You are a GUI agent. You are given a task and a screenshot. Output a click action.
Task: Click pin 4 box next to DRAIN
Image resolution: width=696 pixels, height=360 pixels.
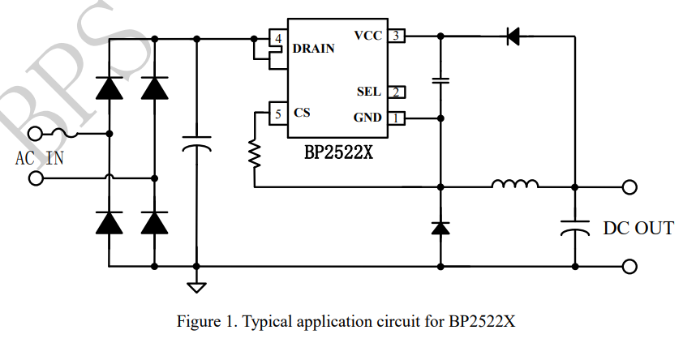(x=278, y=38)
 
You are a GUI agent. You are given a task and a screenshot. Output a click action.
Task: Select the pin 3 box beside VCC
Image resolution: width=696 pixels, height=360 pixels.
(x=396, y=36)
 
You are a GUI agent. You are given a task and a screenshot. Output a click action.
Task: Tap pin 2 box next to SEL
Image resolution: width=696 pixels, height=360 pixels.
(x=396, y=92)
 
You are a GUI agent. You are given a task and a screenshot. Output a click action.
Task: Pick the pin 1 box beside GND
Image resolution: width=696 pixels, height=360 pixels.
(x=396, y=118)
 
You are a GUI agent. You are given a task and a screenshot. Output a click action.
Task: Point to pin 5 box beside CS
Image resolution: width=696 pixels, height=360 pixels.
(x=278, y=114)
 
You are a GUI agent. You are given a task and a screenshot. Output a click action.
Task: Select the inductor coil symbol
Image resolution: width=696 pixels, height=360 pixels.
(x=514, y=186)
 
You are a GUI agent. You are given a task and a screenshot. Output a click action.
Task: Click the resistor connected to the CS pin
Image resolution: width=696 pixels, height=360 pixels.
(x=255, y=152)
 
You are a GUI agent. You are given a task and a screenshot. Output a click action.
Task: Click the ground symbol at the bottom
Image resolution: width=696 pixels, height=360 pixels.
(x=196, y=286)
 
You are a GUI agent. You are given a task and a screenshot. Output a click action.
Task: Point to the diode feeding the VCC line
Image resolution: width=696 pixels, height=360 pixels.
(x=513, y=36)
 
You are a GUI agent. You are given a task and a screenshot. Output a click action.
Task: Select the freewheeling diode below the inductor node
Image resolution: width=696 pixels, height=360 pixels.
(x=440, y=228)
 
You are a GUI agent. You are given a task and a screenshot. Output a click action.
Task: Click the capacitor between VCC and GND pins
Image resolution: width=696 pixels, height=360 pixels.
(x=440, y=80)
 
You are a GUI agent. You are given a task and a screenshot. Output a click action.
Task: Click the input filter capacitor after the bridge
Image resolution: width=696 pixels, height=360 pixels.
(x=196, y=146)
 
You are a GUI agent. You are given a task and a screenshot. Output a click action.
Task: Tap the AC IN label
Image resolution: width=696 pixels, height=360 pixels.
(x=39, y=157)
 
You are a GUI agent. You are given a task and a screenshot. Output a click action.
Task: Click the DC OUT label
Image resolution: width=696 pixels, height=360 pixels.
(x=638, y=229)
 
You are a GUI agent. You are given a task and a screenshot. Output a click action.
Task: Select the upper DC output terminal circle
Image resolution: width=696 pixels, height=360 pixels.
(x=629, y=187)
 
